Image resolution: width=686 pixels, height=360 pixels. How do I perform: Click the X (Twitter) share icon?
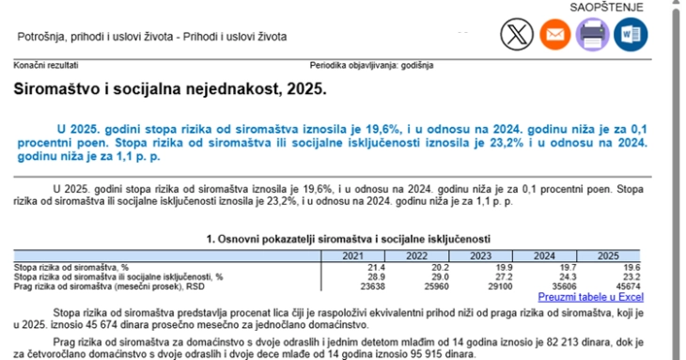(514, 35)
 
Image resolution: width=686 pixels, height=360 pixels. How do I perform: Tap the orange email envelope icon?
(554, 35)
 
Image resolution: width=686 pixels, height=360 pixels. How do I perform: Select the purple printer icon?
(593, 35)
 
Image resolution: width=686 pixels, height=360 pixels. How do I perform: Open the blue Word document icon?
(631, 35)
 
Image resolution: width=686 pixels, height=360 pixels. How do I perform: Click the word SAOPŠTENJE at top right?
(607, 8)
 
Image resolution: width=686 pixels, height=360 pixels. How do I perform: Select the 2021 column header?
(353, 257)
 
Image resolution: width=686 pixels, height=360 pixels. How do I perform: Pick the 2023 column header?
(478, 257)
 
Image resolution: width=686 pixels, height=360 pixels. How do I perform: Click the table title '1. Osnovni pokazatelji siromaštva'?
(348, 239)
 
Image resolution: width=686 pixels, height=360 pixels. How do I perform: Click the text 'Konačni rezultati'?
(46, 66)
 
